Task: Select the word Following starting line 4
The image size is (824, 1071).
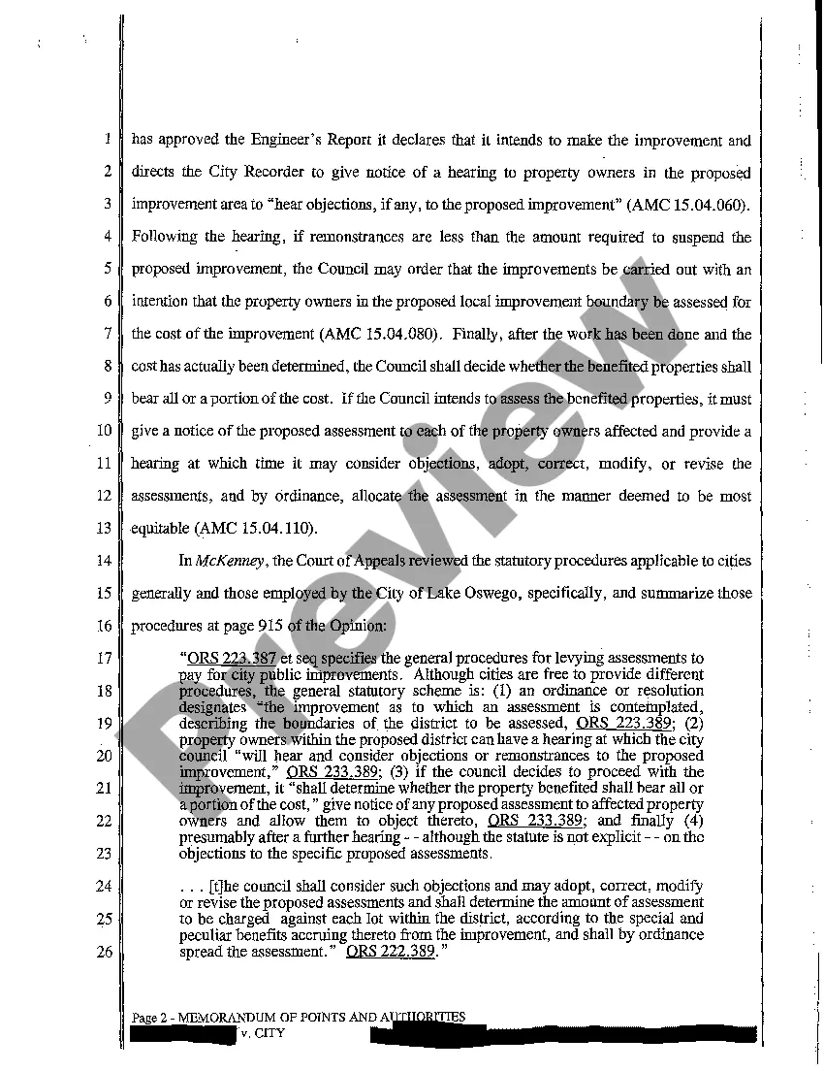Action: pos(164,238)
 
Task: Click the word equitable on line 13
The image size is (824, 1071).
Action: pos(161,529)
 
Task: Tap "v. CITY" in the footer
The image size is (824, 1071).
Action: pos(264,1033)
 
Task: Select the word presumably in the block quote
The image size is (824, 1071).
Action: pos(215,837)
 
